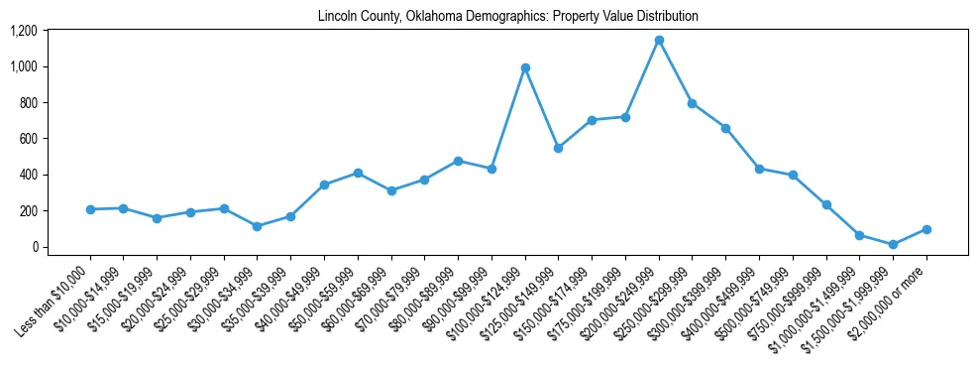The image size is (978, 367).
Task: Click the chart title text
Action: pyautogui.click(x=508, y=17)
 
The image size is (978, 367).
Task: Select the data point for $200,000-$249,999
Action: pyautogui.click(x=659, y=41)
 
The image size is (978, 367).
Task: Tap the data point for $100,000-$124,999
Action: pyautogui.click(x=525, y=67)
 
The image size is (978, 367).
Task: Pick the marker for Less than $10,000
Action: pyautogui.click(x=90, y=209)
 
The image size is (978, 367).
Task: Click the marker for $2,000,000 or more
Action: pyautogui.click(x=926, y=229)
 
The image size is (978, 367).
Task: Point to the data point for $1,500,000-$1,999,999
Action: pyautogui.click(x=893, y=244)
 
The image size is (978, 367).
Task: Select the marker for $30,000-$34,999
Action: pyautogui.click(x=258, y=226)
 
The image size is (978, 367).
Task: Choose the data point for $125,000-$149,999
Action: pyautogui.click(x=558, y=148)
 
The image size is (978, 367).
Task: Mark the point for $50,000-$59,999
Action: pyautogui.click(x=358, y=173)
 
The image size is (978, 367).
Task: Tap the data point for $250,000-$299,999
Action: pyautogui.click(x=692, y=103)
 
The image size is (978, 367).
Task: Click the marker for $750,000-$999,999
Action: pyautogui.click(x=826, y=204)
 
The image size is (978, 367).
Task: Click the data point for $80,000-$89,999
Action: pyautogui.click(x=458, y=161)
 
